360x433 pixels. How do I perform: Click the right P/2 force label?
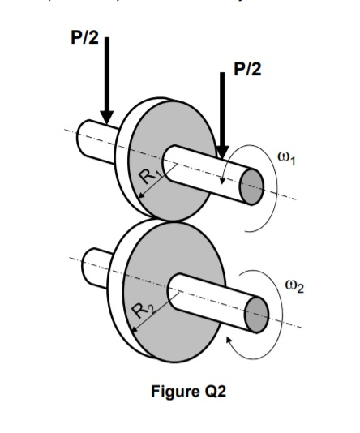pyautogui.click(x=248, y=69)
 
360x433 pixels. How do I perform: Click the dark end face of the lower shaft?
pyautogui.click(x=257, y=313)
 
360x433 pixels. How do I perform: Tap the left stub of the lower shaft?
pyautogui.click(x=96, y=262)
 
